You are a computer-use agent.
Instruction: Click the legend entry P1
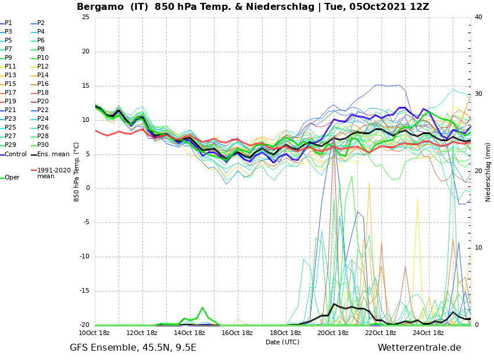8,23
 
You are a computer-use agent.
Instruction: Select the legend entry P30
43,145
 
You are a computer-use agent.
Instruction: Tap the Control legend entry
15,154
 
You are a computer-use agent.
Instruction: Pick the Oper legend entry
12,178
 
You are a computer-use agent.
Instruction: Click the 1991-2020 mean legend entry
53,173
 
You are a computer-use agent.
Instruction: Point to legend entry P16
43,84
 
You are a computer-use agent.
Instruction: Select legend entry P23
10,119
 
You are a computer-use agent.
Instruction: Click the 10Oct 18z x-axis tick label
95,333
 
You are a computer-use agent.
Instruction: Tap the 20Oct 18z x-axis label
333,333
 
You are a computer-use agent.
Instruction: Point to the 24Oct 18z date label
428,333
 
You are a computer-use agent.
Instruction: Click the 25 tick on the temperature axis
85,17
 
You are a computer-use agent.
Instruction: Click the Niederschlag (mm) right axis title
488,172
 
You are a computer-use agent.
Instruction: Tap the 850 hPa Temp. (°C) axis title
77,171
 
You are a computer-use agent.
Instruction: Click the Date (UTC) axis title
282,342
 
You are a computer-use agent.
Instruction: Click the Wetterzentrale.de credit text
419,348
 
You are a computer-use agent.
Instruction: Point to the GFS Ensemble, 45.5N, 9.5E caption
133,348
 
